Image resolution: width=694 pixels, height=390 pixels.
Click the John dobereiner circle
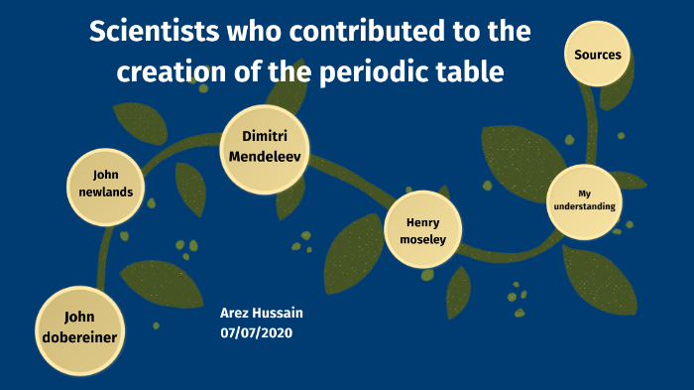click(x=78, y=327)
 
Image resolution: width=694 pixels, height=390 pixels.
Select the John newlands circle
click(x=99, y=183)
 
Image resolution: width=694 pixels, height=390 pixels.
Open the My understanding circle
click(x=584, y=200)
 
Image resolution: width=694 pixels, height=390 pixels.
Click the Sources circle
click(x=598, y=55)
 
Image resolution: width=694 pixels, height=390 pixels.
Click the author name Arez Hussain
click(x=262, y=314)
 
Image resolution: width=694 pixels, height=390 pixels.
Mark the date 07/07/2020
click(x=257, y=332)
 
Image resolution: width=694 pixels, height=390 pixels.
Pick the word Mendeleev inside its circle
click(x=264, y=157)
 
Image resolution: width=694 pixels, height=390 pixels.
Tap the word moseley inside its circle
click(x=423, y=239)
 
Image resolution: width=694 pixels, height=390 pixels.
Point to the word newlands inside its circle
click(x=99, y=192)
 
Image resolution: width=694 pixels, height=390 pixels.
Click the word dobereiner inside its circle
click(x=79, y=337)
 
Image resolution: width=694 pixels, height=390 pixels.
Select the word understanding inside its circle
click(x=584, y=206)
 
